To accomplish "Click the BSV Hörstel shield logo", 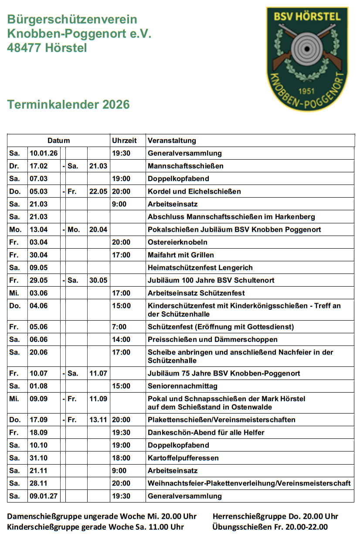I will click(307, 59).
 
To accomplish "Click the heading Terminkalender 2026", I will click(68, 105).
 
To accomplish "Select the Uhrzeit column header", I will click(124, 140).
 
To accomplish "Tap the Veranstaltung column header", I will click(172, 140).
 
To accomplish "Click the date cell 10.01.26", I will click(44, 153).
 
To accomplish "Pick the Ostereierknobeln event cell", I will click(177, 242).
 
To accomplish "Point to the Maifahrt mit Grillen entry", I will click(180, 255).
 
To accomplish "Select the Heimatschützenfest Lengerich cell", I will click(200, 267).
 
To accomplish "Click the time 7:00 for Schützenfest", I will click(119, 327).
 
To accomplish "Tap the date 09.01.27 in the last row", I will click(44, 496).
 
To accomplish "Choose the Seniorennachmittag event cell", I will click(182, 386).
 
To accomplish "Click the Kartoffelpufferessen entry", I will click(183, 458).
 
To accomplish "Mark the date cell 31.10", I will click(39, 458).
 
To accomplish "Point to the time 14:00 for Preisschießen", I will click(121, 339).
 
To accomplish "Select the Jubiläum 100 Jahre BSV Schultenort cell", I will click(211, 280).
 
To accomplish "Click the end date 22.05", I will click(98, 191).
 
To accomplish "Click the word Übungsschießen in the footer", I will click(236, 527).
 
